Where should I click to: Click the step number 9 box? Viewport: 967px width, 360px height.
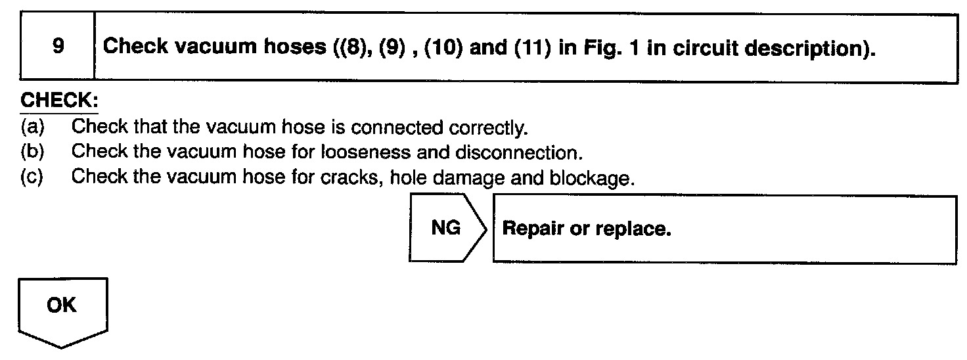(58, 47)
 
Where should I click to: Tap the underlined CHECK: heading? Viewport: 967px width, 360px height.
(60, 102)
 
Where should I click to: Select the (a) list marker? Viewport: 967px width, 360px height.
(32, 126)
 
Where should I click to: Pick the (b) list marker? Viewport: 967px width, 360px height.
(32, 152)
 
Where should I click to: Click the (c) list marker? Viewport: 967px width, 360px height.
(32, 177)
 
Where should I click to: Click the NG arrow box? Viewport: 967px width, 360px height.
(447, 229)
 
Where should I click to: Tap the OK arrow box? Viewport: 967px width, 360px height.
(61, 309)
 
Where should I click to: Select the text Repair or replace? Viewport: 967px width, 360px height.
(586, 229)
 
